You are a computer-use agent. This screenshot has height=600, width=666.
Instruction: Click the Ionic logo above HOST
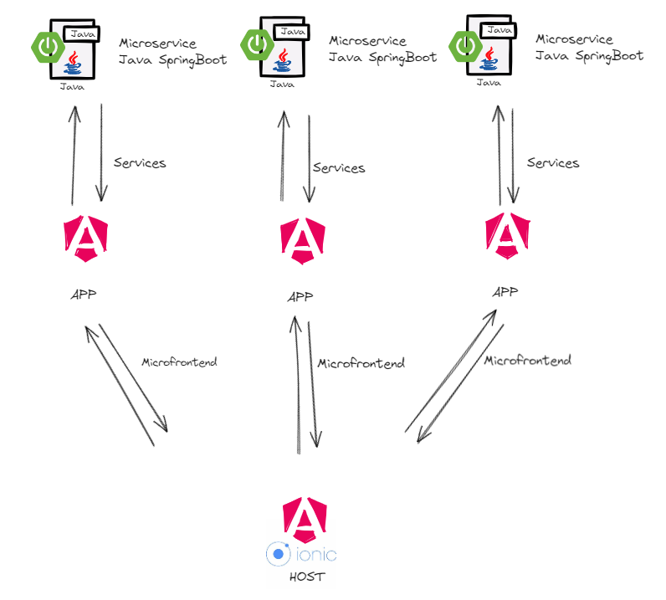[301, 554]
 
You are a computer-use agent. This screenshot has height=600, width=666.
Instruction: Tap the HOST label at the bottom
[306, 577]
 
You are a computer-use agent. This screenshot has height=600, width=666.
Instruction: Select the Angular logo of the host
[305, 520]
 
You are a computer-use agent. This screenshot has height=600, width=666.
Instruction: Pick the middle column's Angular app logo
[302, 240]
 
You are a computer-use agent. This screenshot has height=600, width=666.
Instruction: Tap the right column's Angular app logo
[507, 235]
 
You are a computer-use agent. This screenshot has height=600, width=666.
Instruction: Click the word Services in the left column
[140, 162]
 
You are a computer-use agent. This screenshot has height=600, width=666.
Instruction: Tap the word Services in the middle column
[339, 167]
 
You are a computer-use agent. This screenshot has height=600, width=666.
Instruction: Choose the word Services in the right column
[553, 162]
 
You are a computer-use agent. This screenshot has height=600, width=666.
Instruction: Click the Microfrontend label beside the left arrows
[179, 362]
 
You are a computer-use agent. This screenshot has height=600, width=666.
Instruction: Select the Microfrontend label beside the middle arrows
[361, 363]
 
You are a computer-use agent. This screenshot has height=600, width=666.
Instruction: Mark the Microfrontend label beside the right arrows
[528, 361]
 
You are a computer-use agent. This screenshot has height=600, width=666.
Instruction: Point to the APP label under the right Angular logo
[505, 292]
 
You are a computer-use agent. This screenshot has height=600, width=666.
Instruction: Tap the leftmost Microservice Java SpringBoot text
[172, 50]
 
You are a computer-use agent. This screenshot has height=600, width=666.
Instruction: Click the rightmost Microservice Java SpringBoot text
[589, 48]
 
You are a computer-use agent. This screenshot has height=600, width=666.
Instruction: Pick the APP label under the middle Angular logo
[300, 297]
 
